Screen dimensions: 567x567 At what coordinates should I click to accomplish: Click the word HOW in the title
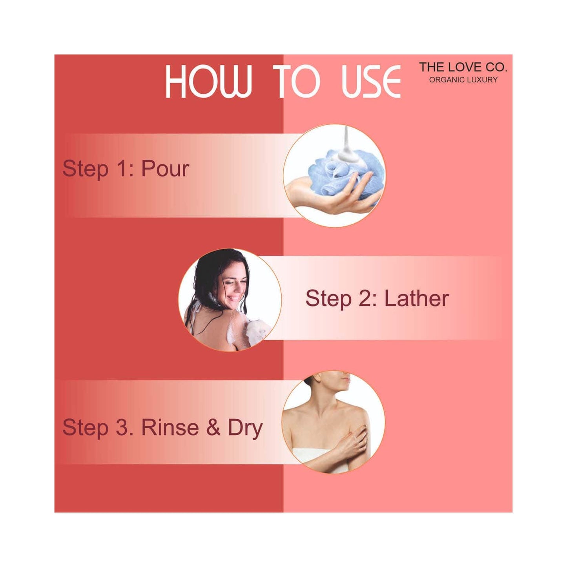point(209,82)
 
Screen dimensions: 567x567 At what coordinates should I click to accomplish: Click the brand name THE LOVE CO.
point(463,67)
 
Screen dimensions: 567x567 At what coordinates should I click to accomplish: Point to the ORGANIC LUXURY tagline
point(463,79)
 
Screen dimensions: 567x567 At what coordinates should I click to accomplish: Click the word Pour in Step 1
point(165,169)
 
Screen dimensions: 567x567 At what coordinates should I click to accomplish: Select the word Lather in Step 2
point(417,298)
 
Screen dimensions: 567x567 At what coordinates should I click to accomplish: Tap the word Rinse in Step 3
point(170,428)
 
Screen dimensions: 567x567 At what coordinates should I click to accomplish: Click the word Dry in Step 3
point(245,430)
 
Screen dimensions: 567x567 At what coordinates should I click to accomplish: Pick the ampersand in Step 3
point(213,428)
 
